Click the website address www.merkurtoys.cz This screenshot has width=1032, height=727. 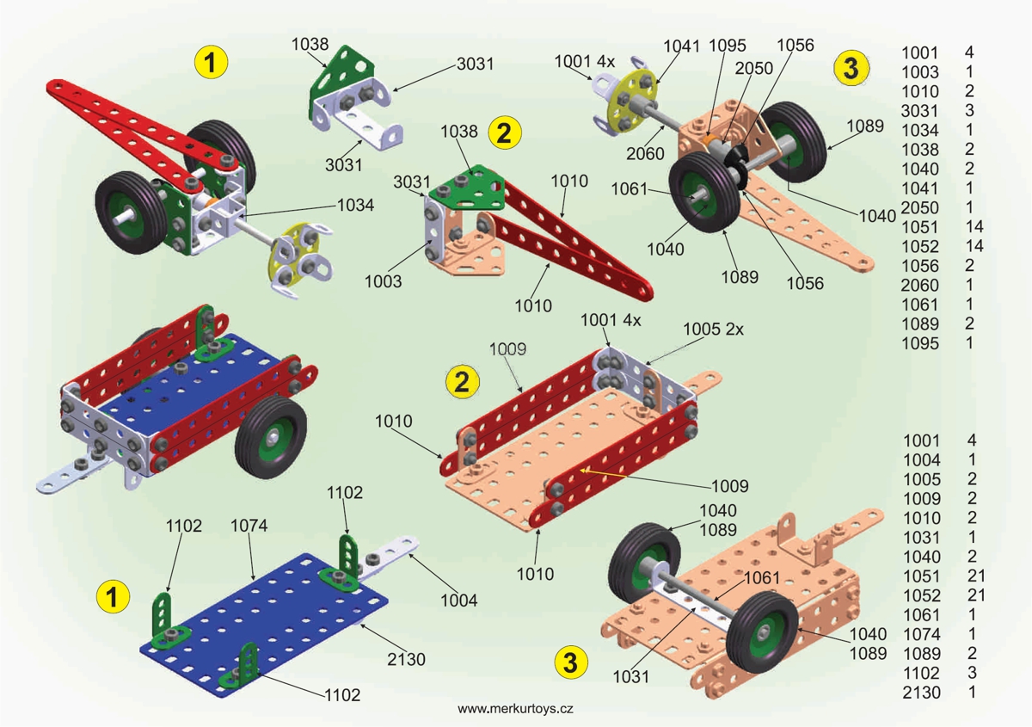pos(515,709)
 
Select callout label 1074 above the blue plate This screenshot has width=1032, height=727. pos(249,527)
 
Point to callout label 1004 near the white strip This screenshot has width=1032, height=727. pos(459,601)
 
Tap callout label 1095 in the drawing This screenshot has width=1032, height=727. pos(727,46)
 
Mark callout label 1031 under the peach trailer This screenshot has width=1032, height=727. pos(630,677)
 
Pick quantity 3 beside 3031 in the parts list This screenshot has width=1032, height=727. pos(969,110)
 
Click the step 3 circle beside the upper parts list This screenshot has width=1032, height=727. pos(851,67)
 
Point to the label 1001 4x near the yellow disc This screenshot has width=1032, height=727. pos(584,61)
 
